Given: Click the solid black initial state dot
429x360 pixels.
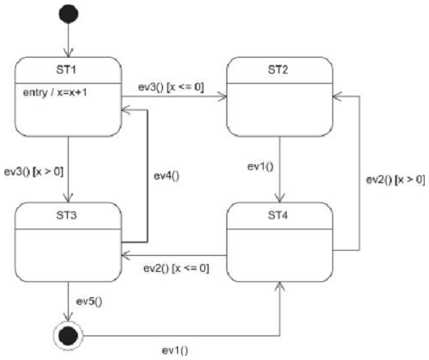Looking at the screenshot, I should (68, 14).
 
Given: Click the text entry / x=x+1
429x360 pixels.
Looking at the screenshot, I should (59, 91).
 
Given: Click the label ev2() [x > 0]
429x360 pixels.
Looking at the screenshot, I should (394, 180).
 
